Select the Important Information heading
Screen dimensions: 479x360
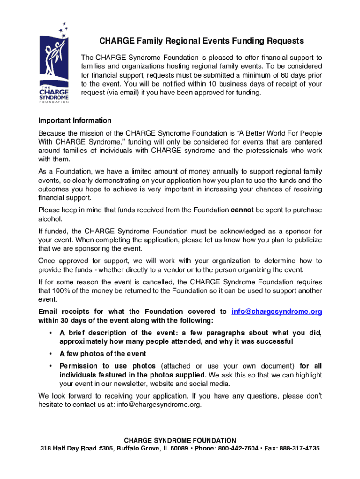click(75, 121)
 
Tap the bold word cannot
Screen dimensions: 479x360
click(242, 210)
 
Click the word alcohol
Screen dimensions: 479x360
click(50, 219)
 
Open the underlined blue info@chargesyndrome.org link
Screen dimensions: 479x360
click(277, 312)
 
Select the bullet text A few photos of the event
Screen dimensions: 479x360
click(102, 354)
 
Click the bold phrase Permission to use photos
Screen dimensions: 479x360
click(105, 366)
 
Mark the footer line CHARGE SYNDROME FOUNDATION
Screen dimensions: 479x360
click(180, 441)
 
